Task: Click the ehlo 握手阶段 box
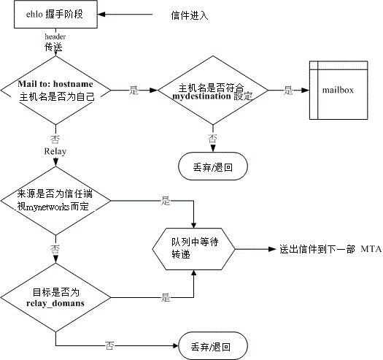[x=55, y=14]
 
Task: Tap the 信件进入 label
[x=190, y=15]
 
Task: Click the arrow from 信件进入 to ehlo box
[x=125, y=14]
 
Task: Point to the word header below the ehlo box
[x=55, y=37]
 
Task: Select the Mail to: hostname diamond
[x=55, y=91]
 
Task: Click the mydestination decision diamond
[x=213, y=91]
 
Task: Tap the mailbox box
[x=338, y=91]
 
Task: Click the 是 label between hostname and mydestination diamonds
[x=134, y=91]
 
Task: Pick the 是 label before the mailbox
[x=288, y=91]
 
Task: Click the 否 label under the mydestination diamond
[x=212, y=139]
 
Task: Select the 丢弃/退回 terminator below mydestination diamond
[x=213, y=166]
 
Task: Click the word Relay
[x=55, y=151]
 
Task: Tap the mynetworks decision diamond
[x=55, y=201]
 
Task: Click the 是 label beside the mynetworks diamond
[x=166, y=201]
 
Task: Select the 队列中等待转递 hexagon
[x=194, y=249]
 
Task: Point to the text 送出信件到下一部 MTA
[x=330, y=249]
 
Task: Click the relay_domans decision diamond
[x=55, y=298]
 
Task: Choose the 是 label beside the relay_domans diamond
[x=166, y=298]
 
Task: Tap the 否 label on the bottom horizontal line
[x=109, y=345]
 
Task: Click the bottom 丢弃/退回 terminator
[x=213, y=346]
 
